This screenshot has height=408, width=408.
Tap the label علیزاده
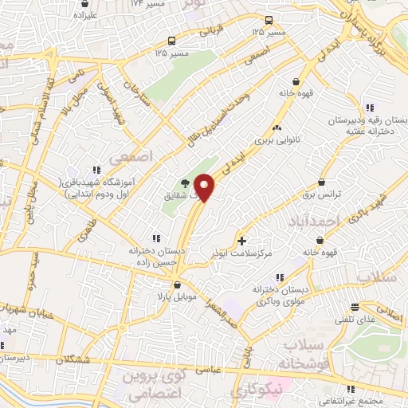[85, 15]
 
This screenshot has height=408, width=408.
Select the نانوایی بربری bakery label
[275, 139]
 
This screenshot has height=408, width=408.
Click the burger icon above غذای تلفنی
[354, 306]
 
